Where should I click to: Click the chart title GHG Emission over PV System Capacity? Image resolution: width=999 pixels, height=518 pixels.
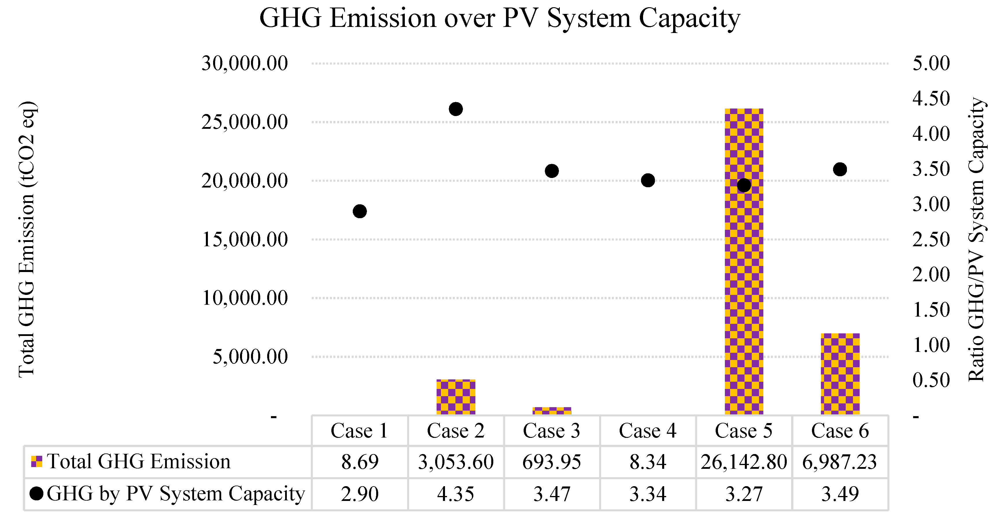point(500,18)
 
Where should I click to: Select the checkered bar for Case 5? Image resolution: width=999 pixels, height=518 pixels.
point(743,272)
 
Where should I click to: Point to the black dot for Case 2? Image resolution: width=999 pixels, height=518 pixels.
point(456,109)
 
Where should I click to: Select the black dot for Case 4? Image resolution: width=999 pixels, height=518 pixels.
point(648,180)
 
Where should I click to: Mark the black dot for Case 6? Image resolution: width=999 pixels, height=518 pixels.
point(840,169)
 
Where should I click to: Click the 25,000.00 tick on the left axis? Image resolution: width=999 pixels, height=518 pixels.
point(244,122)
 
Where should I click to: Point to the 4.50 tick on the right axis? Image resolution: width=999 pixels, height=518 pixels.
point(931,99)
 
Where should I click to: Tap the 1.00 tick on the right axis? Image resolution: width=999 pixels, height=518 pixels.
point(931,345)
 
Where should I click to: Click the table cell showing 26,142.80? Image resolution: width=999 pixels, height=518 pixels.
point(743,462)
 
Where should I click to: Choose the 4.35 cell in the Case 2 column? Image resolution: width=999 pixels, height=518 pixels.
point(456,494)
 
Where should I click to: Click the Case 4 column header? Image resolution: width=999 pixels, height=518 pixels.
point(648,431)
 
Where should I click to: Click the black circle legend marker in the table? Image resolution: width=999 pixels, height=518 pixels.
point(36,494)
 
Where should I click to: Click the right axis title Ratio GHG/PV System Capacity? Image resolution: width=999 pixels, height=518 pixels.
point(976,239)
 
